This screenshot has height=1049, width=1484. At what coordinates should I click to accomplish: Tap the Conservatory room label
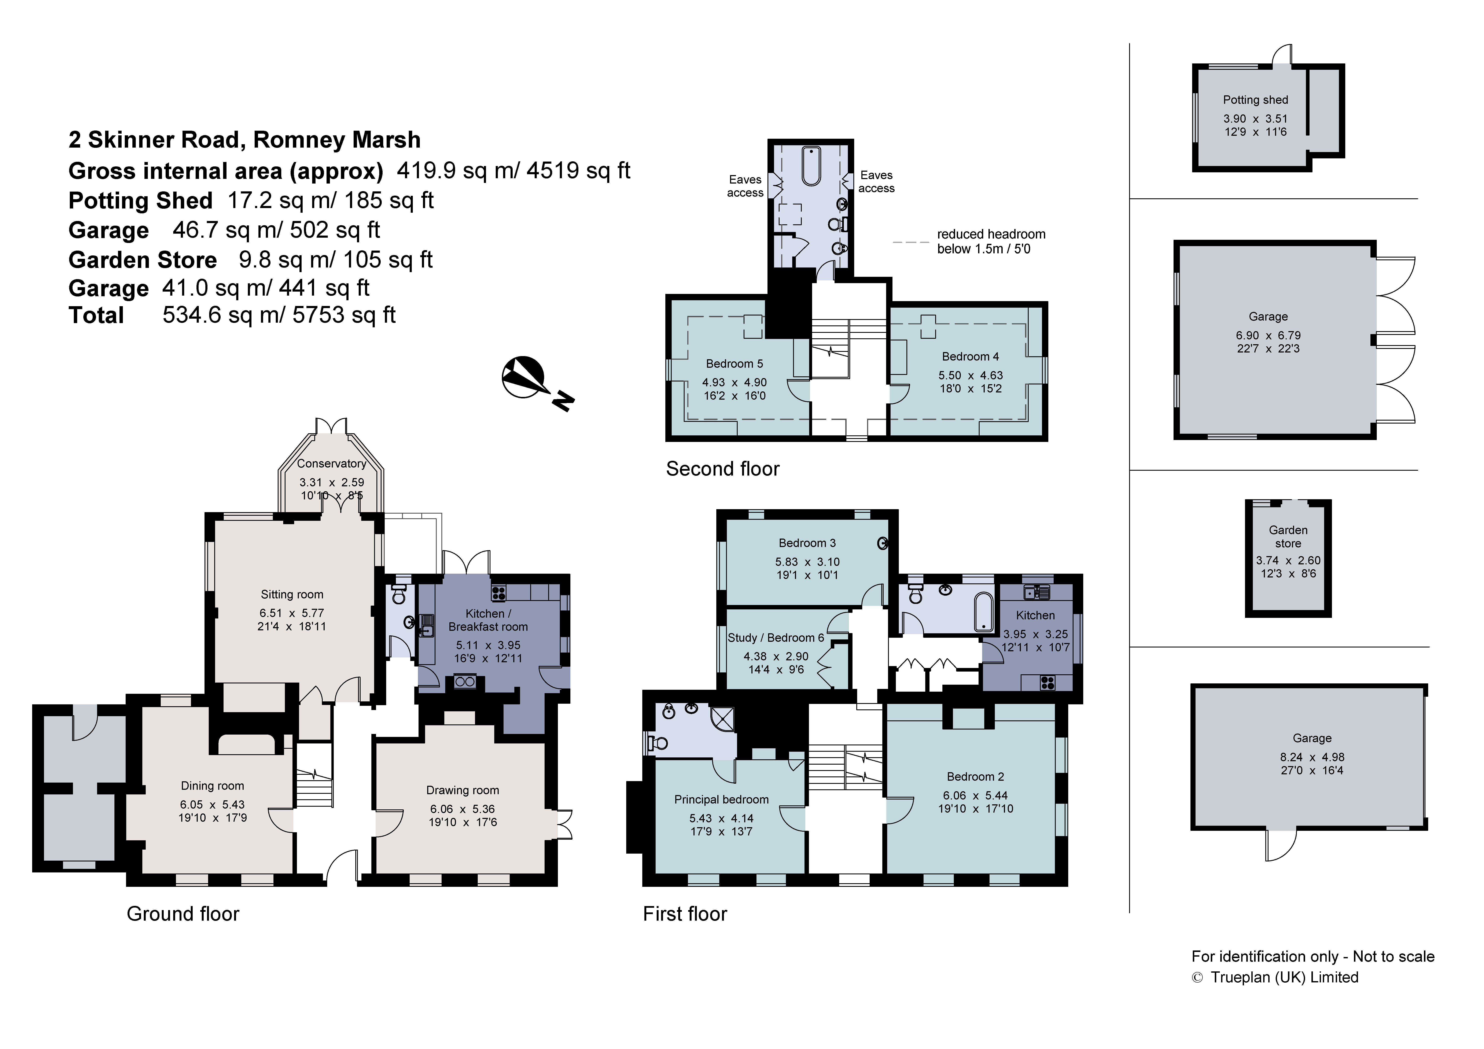332,463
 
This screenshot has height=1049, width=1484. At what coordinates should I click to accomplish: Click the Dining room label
213,786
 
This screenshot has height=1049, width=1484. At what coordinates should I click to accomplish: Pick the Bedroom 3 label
807,543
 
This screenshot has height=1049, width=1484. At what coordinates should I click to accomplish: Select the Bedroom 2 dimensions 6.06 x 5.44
976,796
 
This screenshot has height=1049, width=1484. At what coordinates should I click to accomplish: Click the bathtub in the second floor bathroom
811,167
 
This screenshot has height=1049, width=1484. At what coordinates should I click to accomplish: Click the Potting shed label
1255,100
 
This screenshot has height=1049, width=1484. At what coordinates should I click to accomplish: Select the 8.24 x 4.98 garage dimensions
1312,757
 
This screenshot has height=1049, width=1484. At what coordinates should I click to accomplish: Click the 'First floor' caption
685,914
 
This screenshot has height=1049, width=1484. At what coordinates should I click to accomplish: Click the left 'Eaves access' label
745,186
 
